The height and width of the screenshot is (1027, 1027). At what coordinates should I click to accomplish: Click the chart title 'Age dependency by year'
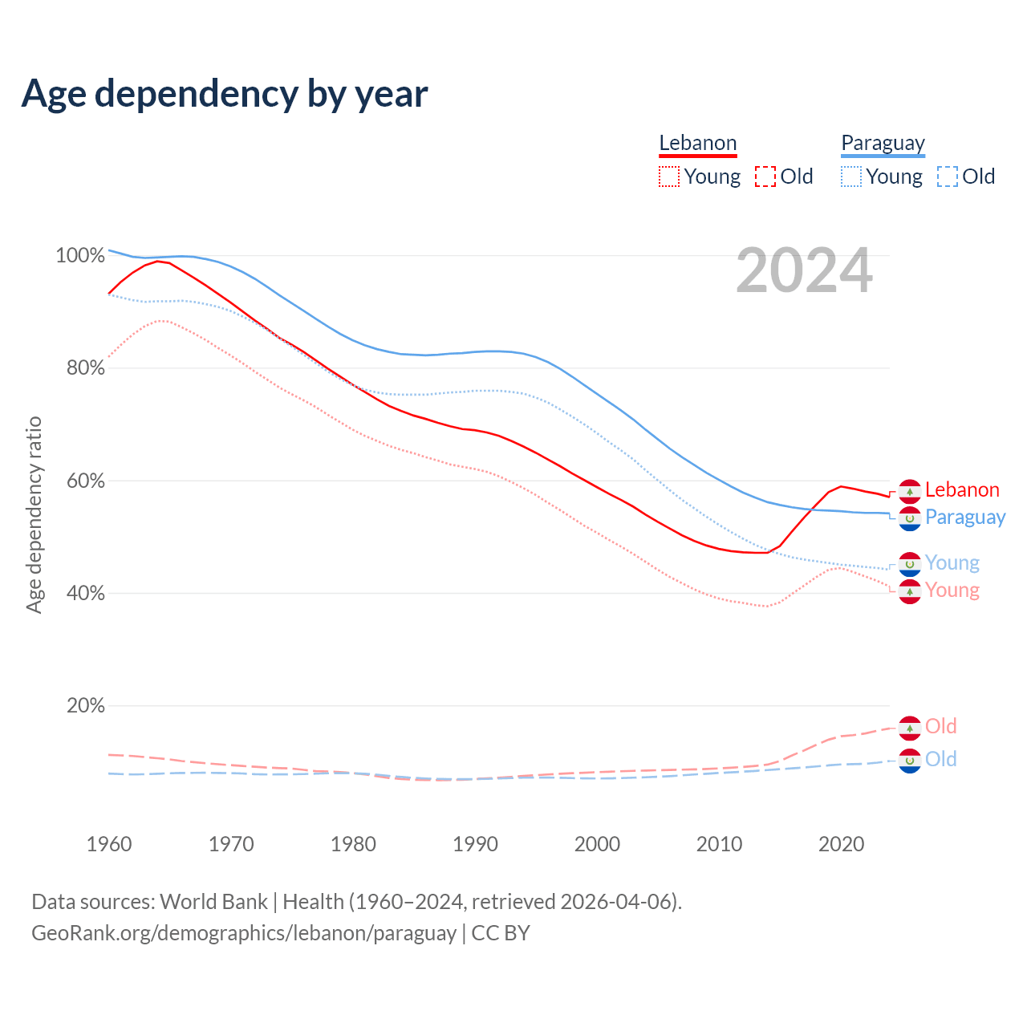tap(225, 94)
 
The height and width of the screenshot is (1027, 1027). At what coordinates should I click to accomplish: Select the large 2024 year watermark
tap(804, 271)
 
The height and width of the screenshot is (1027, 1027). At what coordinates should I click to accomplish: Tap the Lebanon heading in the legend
tap(697, 143)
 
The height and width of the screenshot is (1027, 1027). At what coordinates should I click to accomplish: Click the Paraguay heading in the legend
tap(883, 143)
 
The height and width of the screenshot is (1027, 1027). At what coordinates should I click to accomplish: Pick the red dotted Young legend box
tap(669, 177)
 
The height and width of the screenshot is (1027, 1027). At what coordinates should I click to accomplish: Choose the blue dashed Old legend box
tap(948, 177)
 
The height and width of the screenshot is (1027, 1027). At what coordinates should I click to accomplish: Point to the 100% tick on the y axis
tap(80, 256)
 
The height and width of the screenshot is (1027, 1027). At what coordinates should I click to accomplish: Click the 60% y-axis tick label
tap(85, 481)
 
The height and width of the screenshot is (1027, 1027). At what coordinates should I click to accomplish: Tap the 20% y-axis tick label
tap(85, 706)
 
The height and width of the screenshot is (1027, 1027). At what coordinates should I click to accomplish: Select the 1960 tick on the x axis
tap(109, 844)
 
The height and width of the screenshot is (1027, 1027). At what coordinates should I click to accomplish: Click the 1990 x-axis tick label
tap(475, 844)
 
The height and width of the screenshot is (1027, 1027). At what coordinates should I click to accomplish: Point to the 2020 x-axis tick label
tap(841, 844)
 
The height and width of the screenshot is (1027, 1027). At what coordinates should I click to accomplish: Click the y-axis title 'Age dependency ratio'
tap(34, 514)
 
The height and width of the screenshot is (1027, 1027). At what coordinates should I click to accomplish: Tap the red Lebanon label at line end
tap(962, 489)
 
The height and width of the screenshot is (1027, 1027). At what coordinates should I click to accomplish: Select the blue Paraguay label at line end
tap(965, 517)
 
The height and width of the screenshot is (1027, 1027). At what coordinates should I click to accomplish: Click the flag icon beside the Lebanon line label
tap(910, 491)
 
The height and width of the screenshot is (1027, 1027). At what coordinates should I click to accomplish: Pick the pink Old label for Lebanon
tap(940, 726)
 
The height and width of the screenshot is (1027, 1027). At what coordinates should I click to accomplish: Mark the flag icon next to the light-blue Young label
tap(910, 564)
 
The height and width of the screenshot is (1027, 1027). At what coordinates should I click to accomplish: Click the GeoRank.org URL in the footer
tap(244, 933)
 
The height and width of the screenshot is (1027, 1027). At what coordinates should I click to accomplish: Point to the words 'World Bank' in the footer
tap(214, 902)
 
